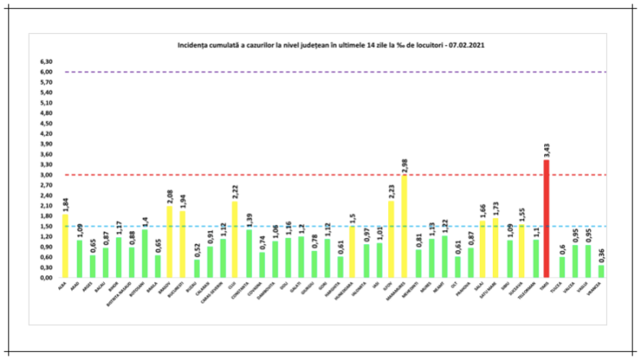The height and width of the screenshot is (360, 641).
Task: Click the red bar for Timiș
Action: pos(546,218)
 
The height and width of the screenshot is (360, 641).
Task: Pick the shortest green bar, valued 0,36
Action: pos(602,271)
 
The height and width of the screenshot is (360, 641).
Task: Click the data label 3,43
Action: pos(546,150)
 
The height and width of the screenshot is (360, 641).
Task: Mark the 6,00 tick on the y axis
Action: pos(46,72)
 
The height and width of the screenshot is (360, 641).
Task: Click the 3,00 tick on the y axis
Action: pos(46,174)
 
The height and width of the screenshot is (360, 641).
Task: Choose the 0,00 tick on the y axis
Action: pos(46,277)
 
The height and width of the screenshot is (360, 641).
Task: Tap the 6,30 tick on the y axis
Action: pos(46,62)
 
